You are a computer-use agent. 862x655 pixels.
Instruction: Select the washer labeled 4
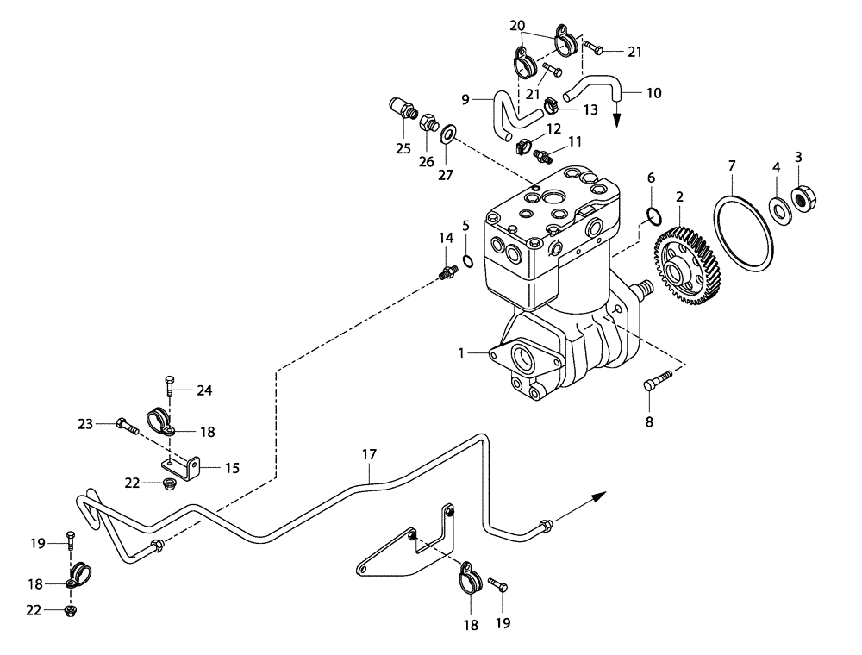pos(777,208)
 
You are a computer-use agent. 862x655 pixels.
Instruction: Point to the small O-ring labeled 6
pos(653,215)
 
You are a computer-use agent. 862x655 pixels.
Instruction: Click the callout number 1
pos(461,352)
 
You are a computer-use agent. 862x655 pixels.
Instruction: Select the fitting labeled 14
pos(447,274)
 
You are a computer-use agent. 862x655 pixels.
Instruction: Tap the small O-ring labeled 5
pos(466,261)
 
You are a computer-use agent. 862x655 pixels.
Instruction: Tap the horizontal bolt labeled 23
pos(127,424)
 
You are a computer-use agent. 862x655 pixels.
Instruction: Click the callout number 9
pos(465,99)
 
